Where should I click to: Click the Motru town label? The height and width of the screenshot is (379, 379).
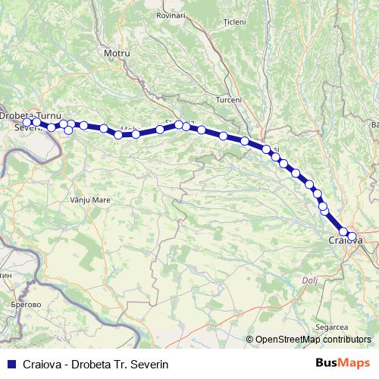pyautogui.click(x=117, y=54)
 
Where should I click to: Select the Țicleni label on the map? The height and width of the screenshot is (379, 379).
pyautogui.click(x=235, y=22)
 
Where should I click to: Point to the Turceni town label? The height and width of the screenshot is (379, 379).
pyautogui.click(x=229, y=100)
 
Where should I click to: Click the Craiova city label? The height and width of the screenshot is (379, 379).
pyautogui.click(x=345, y=240)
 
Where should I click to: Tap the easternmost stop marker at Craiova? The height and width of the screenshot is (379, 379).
pyautogui.click(x=352, y=236)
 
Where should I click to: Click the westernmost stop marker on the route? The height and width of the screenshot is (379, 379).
pyautogui.click(x=27, y=122)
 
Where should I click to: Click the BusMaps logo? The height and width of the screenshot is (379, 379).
pyautogui.click(x=344, y=362)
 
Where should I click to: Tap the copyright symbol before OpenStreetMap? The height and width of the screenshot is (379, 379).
pyautogui.click(x=250, y=340)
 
